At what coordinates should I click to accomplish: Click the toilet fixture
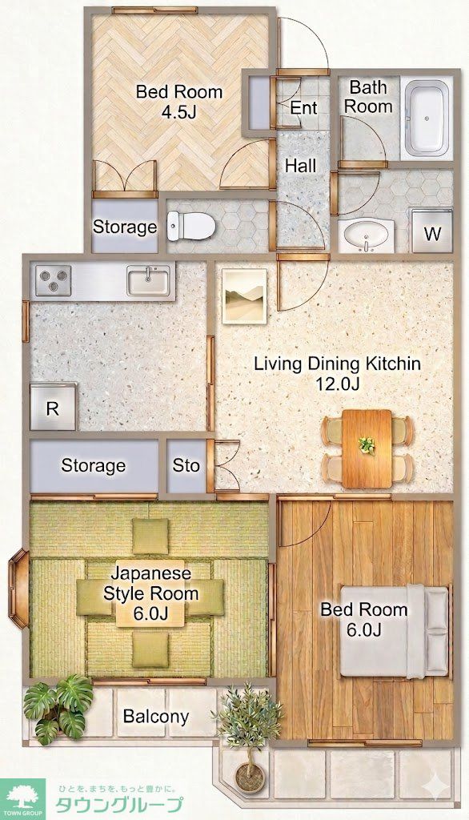click(191, 226)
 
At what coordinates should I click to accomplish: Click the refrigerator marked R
click(54, 407)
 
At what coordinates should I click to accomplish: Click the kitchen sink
click(149, 280)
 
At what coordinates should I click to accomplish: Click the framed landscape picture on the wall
click(244, 296)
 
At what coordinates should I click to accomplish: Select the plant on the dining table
click(367, 445)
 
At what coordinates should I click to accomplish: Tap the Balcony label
click(156, 717)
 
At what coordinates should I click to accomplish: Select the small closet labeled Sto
click(186, 465)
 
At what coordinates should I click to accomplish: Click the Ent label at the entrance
click(303, 108)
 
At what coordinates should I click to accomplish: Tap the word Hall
click(301, 167)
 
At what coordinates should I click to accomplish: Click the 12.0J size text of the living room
click(337, 384)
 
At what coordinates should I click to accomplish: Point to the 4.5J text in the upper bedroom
click(178, 111)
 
